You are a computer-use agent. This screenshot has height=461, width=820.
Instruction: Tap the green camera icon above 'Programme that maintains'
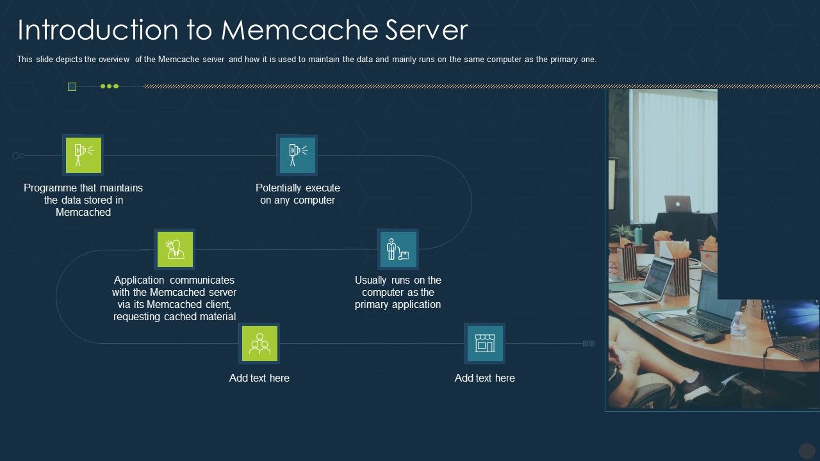[83, 154]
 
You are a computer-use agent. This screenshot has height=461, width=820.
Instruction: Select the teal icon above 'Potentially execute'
[297, 154]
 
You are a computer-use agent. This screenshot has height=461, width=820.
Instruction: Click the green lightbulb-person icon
[174, 249]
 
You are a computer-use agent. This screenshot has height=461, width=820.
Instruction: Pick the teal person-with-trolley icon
[398, 249]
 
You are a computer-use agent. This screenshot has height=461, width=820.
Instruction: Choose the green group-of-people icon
[259, 343]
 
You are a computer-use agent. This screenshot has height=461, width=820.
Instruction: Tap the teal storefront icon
[484, 343]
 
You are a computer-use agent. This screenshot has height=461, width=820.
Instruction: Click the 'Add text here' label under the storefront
[484, 378]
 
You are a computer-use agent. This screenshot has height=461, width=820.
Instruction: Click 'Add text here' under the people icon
[259, 378]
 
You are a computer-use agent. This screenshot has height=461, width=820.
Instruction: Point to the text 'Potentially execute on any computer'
[297, 194]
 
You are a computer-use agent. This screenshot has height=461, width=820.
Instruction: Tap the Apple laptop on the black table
[677, 204]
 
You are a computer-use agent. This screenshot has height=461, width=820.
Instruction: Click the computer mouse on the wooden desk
[712, 337]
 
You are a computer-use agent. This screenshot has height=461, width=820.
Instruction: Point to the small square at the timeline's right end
[588, 344]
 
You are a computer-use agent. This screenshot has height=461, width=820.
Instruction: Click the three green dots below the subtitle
[110, 86]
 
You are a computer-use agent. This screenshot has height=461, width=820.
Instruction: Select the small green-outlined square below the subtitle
[72, 86]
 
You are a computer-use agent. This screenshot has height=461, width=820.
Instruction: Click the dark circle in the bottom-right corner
[807, 451]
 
